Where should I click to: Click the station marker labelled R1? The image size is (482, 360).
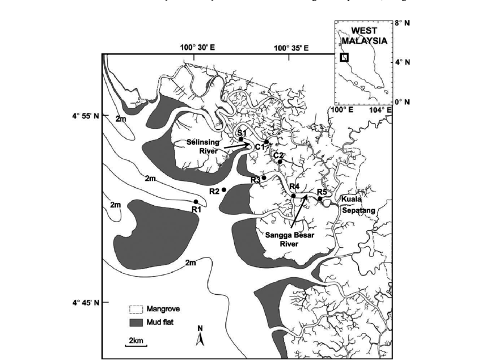point(196,202)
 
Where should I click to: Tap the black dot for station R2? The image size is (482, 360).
point(225,190)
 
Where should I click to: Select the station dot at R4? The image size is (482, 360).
point(294,196)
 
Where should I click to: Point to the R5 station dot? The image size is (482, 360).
point(320,199)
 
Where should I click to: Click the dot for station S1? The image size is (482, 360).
point(241,139)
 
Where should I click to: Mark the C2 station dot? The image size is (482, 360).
point(280,162)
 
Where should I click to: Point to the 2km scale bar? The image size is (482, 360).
point(136,345)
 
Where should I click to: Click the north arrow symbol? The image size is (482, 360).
point(200,338)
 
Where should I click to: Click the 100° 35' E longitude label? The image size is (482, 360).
point(291,48)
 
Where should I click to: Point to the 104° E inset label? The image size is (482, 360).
point(382,109)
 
